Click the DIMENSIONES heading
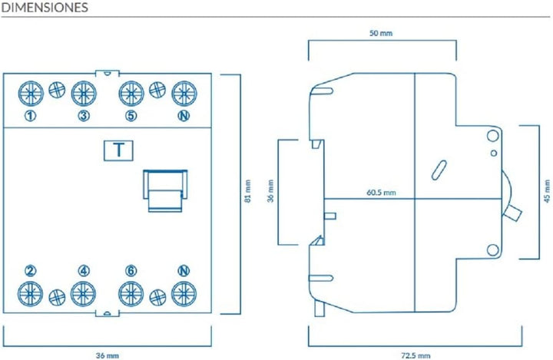(45, 8)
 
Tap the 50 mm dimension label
(381, 33)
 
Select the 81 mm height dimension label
(248, 191)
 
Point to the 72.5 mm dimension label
(416, 355)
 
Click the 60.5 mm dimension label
(381, 193)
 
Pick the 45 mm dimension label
(547, 191)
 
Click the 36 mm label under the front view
(108, 355)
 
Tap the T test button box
(118, 150)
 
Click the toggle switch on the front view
(165, 190)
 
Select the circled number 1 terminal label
(30, 116)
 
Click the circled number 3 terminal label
(84, 116)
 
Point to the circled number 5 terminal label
(131, 116)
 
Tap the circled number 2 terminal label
(30, 271)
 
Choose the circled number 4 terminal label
(84, 271)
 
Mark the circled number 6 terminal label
(131, 271)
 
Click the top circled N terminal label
(184, 116)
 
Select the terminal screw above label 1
(31, 94)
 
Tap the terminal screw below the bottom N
(184, 294)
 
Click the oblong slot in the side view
(439, 170)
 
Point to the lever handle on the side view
(512, 213)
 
